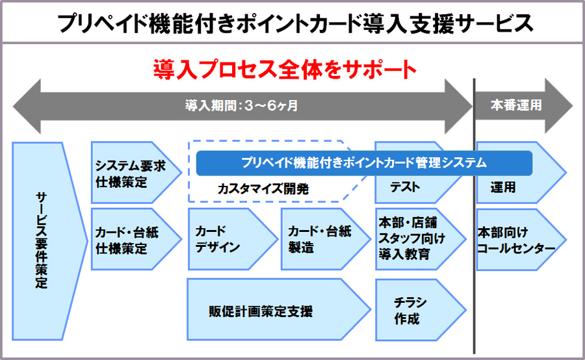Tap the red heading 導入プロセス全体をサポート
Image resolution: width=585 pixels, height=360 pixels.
pyautogui.click(x=284, y=68)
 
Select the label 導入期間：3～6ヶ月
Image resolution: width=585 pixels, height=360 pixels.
pyautogui.click(x=241, y=105)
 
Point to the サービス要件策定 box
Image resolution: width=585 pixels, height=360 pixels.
pyautogui.click(x=43, y=240)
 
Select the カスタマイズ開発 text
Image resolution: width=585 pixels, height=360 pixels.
pyautogui.click(x=263, y=189)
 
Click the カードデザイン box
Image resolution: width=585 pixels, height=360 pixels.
pyautogui.click(x=224, y=239)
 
